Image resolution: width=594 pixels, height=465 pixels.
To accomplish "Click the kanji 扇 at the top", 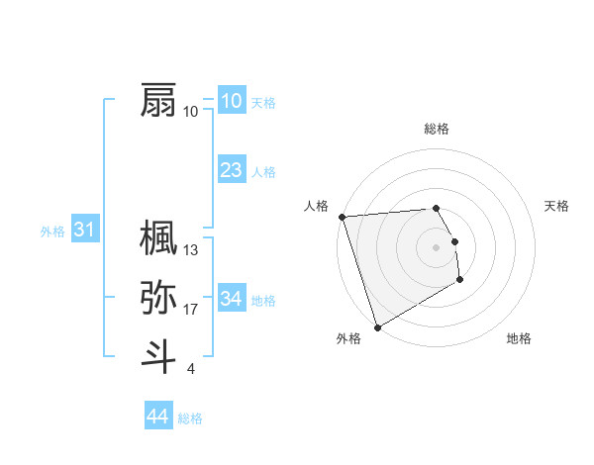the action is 159,100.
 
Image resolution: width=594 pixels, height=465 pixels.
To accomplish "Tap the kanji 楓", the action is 159,237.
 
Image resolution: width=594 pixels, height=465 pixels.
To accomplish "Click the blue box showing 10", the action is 231,101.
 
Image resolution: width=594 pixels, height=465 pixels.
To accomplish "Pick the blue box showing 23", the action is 231,170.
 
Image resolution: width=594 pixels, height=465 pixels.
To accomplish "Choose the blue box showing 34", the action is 231,298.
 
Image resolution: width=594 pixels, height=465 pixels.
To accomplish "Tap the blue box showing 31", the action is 84,231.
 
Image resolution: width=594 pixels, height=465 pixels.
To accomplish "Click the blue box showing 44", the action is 157,417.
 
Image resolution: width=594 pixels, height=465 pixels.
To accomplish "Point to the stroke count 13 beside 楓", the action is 191,250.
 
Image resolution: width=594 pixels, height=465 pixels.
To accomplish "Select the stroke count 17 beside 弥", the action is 191,310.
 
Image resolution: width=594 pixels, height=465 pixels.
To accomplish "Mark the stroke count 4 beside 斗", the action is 190,369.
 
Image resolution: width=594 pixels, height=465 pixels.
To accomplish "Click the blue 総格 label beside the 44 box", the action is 190,418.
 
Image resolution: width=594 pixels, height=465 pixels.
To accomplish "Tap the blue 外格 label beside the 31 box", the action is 52,232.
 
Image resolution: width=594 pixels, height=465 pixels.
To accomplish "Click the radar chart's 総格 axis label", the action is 437,129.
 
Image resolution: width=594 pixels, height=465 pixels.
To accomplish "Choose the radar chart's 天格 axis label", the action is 557,206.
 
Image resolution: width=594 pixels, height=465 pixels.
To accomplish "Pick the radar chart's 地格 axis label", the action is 519,338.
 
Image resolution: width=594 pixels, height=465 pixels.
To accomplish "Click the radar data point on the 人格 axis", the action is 342,217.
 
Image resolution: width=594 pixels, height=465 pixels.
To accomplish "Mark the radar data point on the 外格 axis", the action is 377,327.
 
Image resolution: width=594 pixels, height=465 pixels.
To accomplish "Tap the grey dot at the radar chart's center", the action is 437,246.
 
